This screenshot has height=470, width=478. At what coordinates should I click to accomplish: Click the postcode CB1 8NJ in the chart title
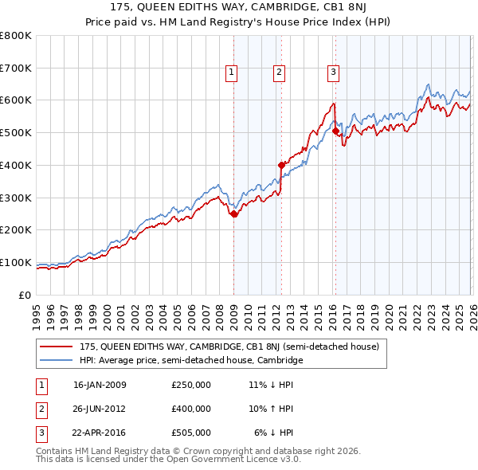click(x=343, y=9)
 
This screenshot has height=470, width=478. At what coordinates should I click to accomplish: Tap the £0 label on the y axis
click(x=25, y=295)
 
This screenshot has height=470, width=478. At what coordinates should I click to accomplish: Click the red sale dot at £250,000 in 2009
click(x=233, y=213)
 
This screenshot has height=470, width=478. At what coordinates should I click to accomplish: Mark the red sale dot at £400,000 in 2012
click(x=281, y=165)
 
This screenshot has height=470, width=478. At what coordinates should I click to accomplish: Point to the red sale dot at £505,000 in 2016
click(x=335, y=131)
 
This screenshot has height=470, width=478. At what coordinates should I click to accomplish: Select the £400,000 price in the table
click(x=190, y=409)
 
